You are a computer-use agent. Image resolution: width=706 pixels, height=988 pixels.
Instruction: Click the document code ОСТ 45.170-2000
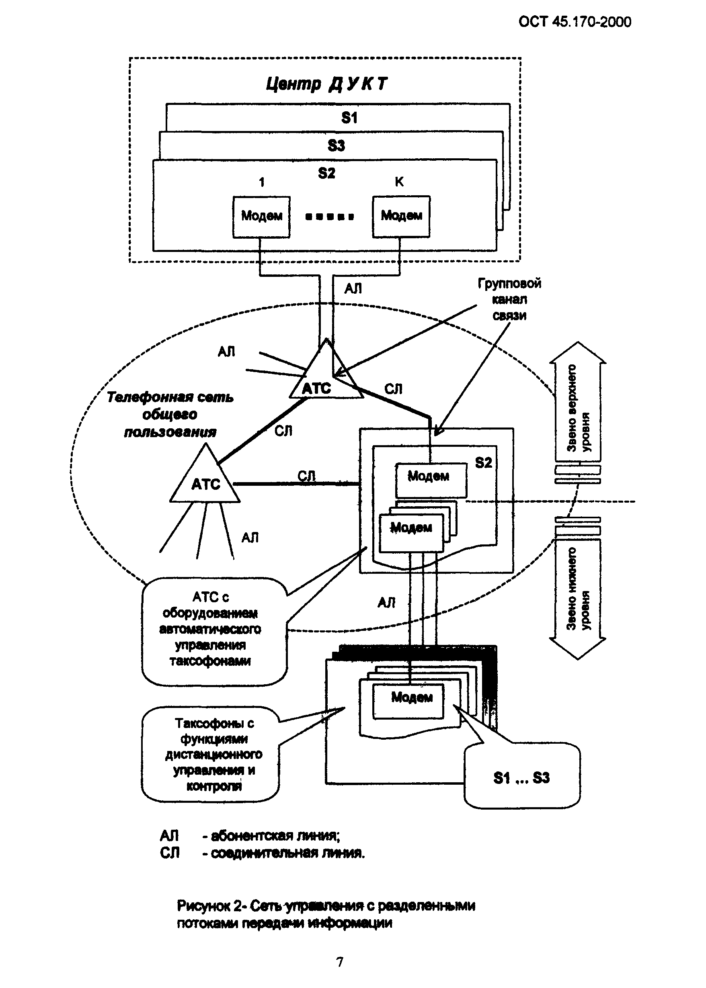[575, 22]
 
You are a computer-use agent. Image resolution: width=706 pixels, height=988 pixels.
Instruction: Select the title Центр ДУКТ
[326, 84]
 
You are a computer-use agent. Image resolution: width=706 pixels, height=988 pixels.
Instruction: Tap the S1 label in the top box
[349, 118]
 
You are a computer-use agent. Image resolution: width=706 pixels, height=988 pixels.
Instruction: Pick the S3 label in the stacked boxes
[336, 145]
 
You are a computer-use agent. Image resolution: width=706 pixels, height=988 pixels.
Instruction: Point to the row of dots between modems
[330, 217]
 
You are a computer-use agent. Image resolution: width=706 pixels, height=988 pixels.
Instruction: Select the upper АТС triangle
[326, 378]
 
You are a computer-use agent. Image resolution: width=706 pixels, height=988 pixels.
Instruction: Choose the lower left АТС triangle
[205, 480]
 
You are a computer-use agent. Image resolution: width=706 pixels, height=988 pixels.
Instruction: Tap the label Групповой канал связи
[509, 299]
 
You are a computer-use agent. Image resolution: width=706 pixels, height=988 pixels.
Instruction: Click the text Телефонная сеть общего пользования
[170, 415]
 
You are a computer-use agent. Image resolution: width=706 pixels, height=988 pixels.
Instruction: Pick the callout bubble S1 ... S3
[522, 777]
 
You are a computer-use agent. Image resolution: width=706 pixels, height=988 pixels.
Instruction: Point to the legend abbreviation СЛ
[170, 853]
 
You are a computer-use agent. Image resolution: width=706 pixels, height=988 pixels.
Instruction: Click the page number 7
[340, 962]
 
